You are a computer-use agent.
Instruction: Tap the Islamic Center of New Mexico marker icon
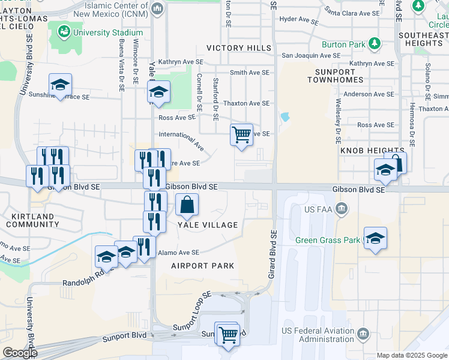[x=157, y=8]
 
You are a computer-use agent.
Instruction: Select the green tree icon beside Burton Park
[x=375, y=43]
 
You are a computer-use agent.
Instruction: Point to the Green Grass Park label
[x=327, y=241]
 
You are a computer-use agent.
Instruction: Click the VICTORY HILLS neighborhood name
[x=238, y=48]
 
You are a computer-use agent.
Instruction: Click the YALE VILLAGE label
[x=207, y=225]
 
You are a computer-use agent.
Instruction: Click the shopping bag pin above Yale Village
[x=187, y=205]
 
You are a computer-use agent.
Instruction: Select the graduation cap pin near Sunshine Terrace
[x=60, y=86]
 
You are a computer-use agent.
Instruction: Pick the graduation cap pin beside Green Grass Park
[x=375, y=239]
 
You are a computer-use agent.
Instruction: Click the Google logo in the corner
[x=19, y=352]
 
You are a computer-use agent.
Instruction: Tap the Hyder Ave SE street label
[x=299, y=20]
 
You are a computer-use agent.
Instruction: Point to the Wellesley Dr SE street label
[x=339, y=118]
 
